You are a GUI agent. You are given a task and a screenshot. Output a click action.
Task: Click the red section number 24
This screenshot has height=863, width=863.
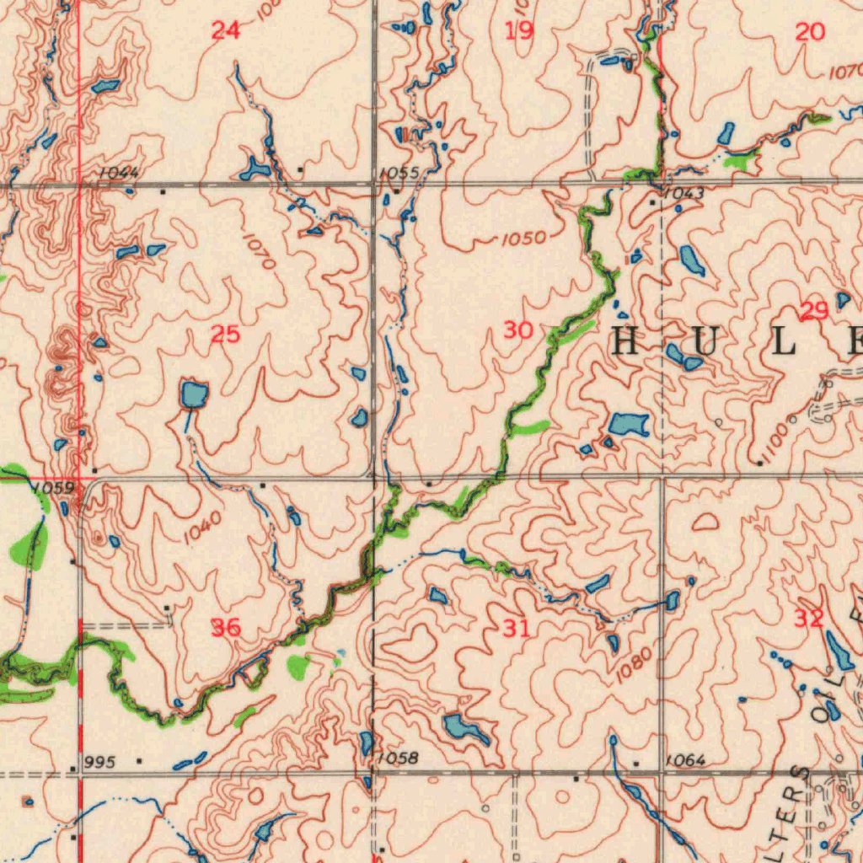coord(225,31)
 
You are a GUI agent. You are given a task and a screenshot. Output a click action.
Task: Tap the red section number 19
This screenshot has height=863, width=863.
coord(519,31)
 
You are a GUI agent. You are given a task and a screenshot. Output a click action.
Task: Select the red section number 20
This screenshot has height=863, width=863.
coord(810,32)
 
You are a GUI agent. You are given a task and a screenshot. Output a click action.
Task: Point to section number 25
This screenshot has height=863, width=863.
coord(225,335)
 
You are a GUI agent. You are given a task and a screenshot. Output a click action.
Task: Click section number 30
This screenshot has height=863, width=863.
coord(517,330)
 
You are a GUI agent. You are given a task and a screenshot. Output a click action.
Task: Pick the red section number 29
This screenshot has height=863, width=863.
coord(814,312)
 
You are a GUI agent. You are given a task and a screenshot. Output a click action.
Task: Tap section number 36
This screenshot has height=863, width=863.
coord(225,626)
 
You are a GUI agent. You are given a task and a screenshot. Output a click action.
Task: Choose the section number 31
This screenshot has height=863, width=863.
coord(517,627)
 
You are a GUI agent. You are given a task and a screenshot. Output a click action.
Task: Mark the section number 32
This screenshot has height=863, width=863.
coord(808,619)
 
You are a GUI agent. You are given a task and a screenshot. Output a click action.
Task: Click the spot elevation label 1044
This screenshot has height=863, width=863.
coord(118,172)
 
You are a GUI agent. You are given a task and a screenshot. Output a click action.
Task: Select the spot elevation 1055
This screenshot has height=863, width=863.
coord(398,173)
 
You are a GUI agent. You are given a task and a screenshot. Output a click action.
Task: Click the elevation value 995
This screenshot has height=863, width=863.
coord(99,762)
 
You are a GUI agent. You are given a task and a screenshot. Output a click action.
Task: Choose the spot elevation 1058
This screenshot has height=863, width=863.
coord(398,758)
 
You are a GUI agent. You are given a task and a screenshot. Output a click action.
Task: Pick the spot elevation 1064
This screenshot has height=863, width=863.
coord(684,760)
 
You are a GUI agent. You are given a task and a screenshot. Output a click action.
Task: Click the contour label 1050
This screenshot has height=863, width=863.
coord(523,239)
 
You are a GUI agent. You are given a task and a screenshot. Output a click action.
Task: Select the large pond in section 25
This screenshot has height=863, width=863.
coord(194,394)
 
